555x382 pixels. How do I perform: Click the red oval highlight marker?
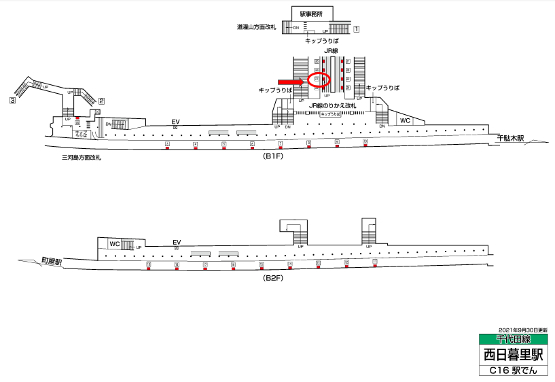(319, 80)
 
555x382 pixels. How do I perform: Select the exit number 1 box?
(357, 29)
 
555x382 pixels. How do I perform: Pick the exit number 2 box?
(101, 101)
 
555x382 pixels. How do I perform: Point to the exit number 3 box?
(12, 101)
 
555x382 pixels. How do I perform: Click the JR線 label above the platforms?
(331, 50)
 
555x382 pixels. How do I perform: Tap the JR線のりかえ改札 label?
(332, 106)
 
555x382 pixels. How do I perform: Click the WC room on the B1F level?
(406, 120)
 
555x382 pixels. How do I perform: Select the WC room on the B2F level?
(115, 243)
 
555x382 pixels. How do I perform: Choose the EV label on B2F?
(177, 242)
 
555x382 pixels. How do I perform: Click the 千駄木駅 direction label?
(511, 139)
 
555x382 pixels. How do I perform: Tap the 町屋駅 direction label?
(51, 262)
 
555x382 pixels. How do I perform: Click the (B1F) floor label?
(272, 156)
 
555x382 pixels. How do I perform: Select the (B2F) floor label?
(274, 278)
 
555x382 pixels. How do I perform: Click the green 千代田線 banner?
(513, 338)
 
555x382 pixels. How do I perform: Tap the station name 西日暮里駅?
(513, 354)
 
